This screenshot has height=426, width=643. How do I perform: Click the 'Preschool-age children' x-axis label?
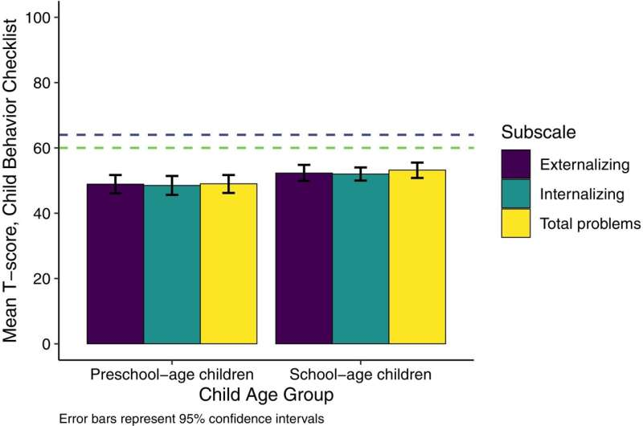click(x=171, y=375)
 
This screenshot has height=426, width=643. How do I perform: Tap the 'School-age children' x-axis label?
click(x=361, y=375)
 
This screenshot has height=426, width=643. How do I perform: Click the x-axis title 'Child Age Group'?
click(x=266, y=395)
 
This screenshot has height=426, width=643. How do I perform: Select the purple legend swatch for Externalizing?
click(x=515, y=164)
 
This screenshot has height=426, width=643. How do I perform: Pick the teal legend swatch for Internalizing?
click(x=515, y=194)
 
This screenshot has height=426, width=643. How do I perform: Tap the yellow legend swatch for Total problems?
click(x=515, y=223)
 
